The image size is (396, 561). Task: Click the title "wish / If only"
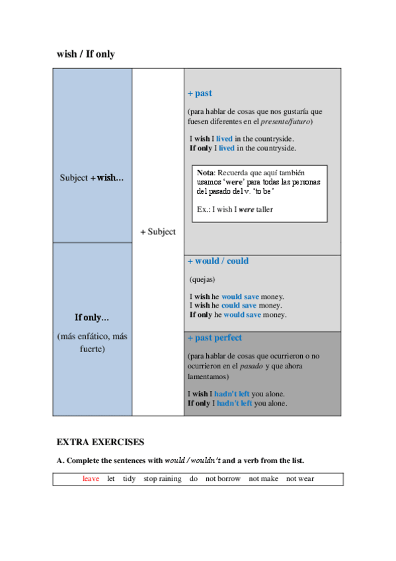[86, 54]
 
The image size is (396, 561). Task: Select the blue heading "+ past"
[200, 93]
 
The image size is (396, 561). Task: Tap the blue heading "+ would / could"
[218, 261]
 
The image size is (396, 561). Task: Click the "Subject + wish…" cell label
[92, 177]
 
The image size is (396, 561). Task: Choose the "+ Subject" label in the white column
[158, 232]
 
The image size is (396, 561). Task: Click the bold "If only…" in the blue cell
[92, 318]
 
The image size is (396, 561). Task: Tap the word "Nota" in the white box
[205, 172]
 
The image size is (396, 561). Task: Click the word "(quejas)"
[202, 279]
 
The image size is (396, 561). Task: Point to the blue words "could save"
[239, 306]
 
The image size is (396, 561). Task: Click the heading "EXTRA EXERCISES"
[100, 442]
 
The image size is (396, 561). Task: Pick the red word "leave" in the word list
[91, 478]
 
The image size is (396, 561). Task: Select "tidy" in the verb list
[129, 478]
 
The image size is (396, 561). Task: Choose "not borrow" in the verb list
[223, 478]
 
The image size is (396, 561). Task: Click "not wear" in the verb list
[300, 478]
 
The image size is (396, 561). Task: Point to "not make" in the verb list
[263, 478]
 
